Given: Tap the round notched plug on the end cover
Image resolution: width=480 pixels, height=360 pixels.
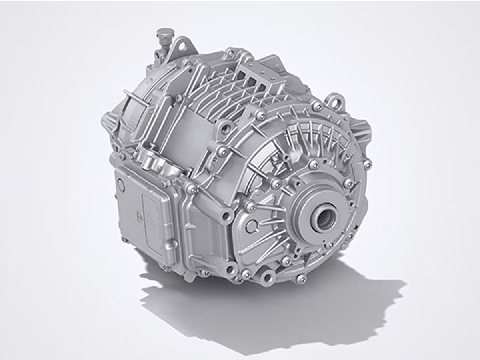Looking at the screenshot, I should [250, 226].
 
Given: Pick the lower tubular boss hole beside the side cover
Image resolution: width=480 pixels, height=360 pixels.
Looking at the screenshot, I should [230, 268].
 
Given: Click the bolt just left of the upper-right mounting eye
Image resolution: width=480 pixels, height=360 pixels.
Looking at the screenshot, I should [318, 106].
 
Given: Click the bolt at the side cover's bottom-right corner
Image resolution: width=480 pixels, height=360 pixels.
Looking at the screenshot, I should [174, 243].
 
